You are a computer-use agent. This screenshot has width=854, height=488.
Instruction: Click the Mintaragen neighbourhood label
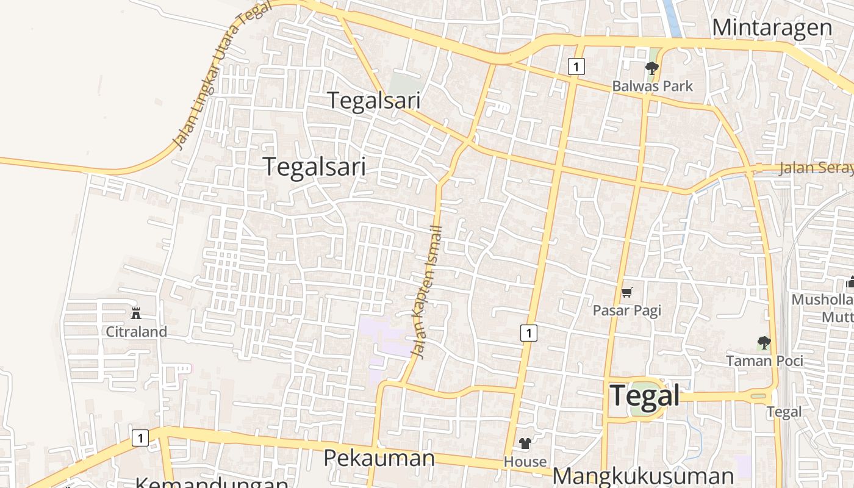772,27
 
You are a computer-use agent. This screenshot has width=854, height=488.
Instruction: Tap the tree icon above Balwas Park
652,68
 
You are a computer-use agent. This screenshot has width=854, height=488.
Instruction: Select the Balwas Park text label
652,86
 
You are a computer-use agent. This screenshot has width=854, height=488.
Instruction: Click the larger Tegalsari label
314,167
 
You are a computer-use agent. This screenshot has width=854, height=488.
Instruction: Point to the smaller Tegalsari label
374,100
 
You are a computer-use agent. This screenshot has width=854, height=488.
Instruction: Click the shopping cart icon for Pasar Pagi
626,293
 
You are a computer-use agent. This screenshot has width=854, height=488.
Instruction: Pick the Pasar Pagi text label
626,310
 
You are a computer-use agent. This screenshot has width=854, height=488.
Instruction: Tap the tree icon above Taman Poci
764,343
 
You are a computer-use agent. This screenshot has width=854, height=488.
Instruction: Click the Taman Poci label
764,361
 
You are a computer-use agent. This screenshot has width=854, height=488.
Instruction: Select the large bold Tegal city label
645,395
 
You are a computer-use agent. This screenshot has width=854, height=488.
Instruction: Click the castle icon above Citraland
136,314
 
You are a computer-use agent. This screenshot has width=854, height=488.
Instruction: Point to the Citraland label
136,332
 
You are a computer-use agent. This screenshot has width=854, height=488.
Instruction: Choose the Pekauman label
379,457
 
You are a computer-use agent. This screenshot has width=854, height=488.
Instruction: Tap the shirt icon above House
525,443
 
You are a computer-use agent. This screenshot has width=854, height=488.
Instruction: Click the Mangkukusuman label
643,476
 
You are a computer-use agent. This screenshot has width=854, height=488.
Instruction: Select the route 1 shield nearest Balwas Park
576,66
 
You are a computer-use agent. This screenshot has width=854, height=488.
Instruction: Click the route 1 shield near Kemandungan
140,437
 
